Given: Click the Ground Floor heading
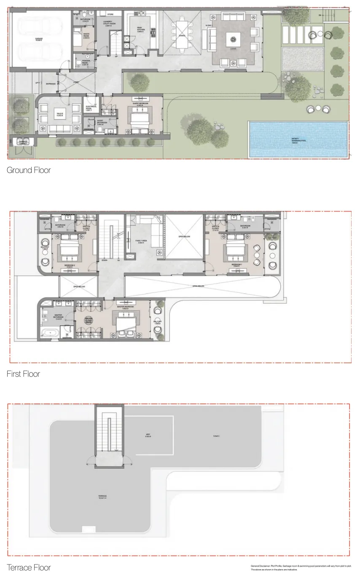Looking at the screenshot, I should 29,170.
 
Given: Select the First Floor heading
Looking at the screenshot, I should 23,374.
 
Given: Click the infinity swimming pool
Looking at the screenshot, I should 298,140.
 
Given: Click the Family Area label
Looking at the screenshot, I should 140,242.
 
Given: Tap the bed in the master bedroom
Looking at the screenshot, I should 125,323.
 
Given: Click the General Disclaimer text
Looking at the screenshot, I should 301,567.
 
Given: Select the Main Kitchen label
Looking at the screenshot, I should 140,30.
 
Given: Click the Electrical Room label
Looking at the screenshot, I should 91,108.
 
